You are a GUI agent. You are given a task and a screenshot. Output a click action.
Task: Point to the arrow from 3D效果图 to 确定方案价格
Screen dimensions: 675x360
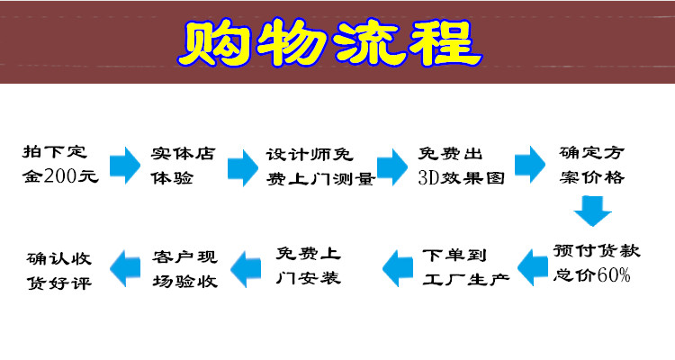tap(529, 166)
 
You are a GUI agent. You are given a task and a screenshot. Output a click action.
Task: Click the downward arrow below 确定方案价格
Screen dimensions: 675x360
tap(593, 211)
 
